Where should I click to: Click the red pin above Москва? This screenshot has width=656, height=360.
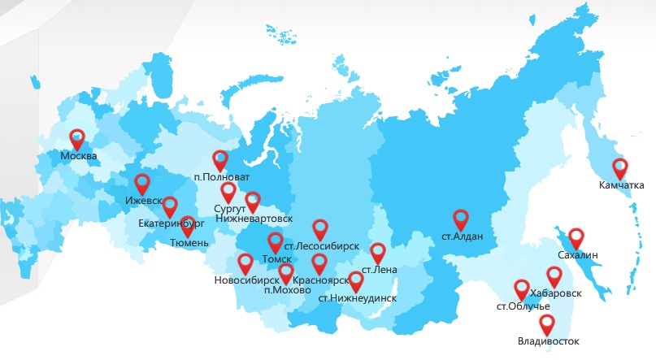(77, 139)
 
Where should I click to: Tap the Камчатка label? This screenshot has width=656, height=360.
(621, 186)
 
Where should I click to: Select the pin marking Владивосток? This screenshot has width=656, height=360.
(547, 324)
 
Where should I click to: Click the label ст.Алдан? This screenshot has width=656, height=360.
(462, 237)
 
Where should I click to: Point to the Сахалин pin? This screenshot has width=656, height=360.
(576, 237)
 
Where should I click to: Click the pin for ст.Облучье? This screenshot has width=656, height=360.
(522, 288)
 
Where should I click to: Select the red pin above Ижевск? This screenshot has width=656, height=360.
(142, 184)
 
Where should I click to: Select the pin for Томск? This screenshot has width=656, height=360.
(276, 242)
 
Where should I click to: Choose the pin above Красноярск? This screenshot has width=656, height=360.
(319, 263)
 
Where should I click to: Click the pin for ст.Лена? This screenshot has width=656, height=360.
(378, 252)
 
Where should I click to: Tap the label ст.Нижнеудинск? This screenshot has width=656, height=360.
(358, 297)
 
